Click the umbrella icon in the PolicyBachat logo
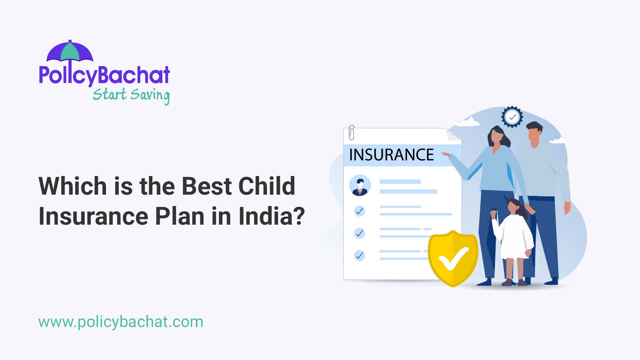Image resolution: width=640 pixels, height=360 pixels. coord(70,52)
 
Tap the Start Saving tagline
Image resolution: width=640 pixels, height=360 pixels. coord(131,95)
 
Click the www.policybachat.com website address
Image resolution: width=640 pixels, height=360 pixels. coord(121,322)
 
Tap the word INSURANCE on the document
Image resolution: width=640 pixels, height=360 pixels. coord(391,155)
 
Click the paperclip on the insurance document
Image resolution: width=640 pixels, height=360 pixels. coord(351,133)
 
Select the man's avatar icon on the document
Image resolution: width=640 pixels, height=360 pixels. coord(360,185)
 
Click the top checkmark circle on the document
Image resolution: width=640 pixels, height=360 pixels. coord(359,211)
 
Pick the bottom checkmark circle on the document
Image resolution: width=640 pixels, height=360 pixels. coord(359,256)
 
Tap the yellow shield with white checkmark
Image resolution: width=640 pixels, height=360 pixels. coord(453,258)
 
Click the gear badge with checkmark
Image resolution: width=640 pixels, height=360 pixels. coord(512,117)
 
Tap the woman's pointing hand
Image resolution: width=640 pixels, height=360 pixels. coord(446,154)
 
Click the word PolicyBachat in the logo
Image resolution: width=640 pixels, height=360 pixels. coord(104,75)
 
